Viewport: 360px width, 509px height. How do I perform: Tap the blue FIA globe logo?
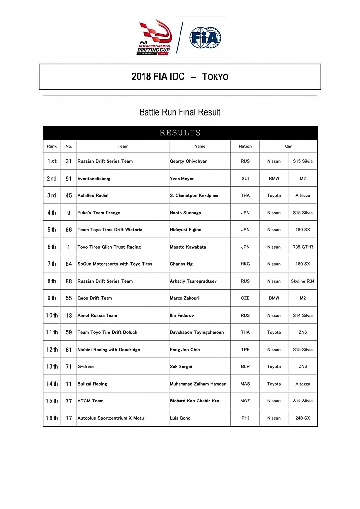(206, 37)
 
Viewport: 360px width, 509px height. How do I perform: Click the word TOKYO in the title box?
(215, 77)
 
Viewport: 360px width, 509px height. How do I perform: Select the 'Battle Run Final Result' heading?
(180, 112)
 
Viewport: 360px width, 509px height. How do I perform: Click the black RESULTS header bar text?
(180, 133)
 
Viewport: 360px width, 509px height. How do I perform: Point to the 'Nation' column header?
(245, 146)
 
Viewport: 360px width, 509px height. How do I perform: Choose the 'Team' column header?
(123, 146)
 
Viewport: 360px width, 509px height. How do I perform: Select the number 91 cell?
(69, 179)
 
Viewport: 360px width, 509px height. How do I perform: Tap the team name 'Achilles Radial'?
(93, 196)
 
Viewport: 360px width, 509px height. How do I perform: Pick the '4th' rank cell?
(52, 213)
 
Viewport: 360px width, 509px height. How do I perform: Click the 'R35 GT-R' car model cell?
(303, 247)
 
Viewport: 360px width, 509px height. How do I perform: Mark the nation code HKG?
(245, 264)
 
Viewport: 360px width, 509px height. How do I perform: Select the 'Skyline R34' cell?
(303, 281)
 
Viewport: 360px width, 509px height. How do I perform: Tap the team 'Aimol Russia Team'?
(97, 316)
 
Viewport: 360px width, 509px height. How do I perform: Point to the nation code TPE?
(245, 350)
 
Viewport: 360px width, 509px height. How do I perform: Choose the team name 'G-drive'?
(85, 367)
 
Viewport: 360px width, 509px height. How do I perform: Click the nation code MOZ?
(245, 401)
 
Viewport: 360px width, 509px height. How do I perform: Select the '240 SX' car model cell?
(303, 418)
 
